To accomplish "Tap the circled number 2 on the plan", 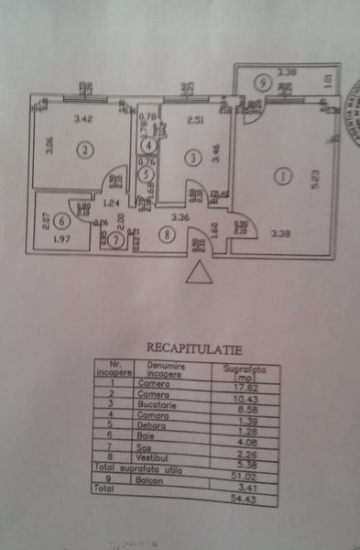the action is [84, 149].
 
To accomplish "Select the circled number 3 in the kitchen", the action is [191, 159].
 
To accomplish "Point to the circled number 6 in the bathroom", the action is [60, 220].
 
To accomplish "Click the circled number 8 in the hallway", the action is [166, 235].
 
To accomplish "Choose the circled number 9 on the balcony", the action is [263, 83].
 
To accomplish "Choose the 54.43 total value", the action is [240, 485].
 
